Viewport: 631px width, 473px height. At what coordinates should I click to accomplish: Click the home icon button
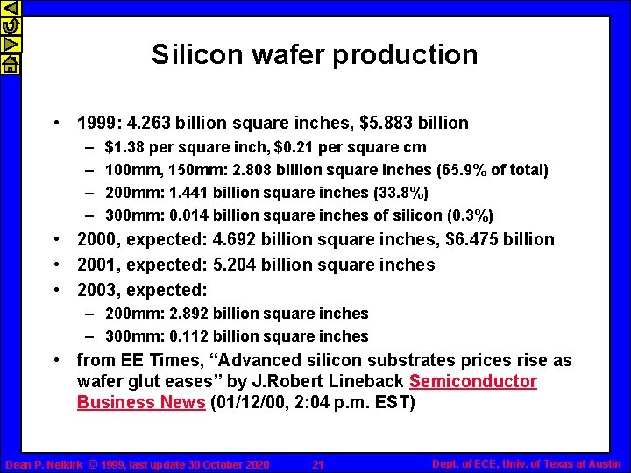click(10, 64)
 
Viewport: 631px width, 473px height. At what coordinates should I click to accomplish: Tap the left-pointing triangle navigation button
click(10, 10)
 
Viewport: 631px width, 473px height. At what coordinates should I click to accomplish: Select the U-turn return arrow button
click(10, 27)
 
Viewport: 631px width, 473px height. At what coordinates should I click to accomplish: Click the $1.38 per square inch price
click(123, 147)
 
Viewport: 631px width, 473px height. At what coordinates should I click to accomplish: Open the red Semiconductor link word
click(472, 382)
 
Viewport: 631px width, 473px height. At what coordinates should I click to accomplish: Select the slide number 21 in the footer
click(318, 464)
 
